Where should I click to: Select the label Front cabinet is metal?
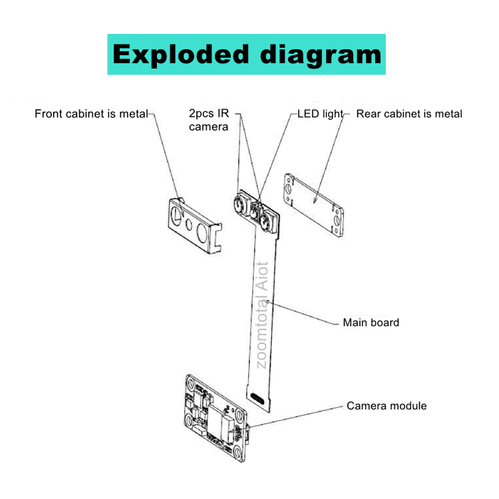(x=90, y=114)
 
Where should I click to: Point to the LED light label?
(x=319, y=114)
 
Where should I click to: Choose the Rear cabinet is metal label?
(x=409, y=114)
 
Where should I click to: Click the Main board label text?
(x=371, y=323)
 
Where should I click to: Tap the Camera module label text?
(x=387, y=406)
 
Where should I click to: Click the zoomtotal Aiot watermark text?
(x=262, y=313)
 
